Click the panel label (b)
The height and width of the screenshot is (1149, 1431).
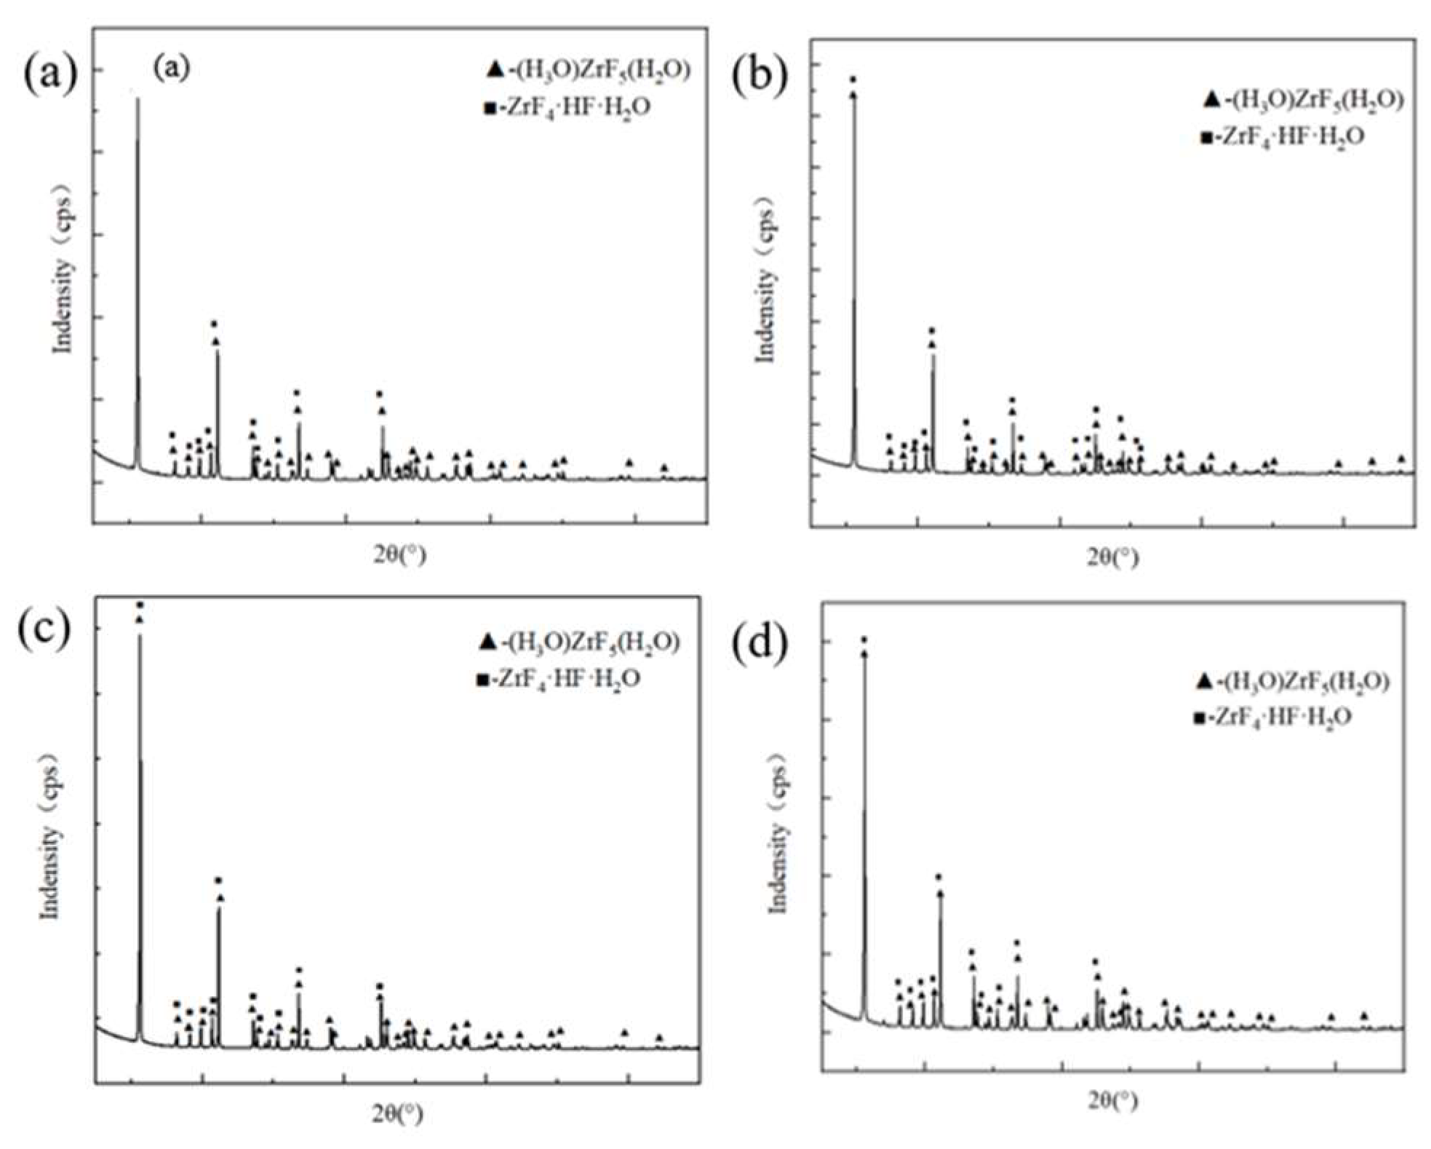coord(760,78)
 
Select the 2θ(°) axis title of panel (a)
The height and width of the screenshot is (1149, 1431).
coord(400,554)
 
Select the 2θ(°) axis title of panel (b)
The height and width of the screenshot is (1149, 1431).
coord(1113,557)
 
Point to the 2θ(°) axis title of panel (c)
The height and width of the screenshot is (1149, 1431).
coord(397,1113)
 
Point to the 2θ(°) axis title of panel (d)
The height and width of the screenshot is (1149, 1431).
coord(1113,1102)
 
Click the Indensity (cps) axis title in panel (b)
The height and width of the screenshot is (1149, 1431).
coord(767,285)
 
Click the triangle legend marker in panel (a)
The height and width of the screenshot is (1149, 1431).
coord(495,70)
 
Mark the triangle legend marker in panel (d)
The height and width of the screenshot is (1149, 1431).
coord(1203,682)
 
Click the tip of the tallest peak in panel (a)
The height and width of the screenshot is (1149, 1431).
coord(137,99)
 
